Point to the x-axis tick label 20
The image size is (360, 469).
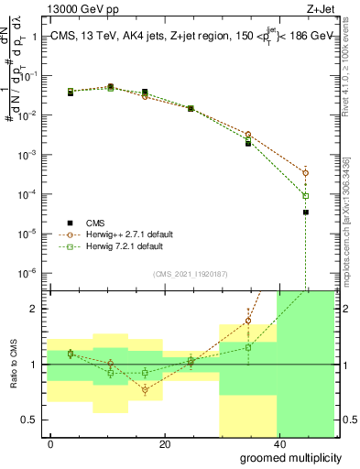pos(164,443)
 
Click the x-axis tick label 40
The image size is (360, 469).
pos(278,443)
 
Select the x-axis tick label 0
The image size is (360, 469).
pos(51,443)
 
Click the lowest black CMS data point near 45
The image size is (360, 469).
pos(306,213)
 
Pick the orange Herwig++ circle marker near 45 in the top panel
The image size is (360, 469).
pos(306,172)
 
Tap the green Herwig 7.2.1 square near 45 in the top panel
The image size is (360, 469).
pos(306,195)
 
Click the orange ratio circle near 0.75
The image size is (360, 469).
pos(145,390)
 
